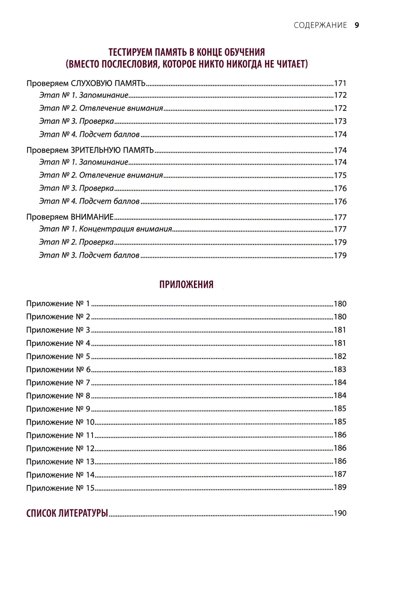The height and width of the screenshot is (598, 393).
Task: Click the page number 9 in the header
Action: pyautogui.click(x=357, y=25)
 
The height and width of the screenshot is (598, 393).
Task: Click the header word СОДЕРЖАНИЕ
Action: pyautogui.click(x=320, y=25)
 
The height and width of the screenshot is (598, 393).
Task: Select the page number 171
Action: pyautogui.click(x=340, y=83)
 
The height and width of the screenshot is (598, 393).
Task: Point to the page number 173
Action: pyautogui.click(x=340, y=121)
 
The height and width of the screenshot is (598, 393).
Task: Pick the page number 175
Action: pyautogui.click(x=340, y=175)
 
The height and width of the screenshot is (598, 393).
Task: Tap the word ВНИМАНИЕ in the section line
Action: pyautogui.click(x=92, y=217)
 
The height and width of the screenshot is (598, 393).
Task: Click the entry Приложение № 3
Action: pyautogui.click(x=58, y=330)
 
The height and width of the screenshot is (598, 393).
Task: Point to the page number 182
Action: pyautogui.click(x=340, y=356)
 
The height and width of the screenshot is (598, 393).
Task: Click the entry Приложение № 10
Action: pyautogui.click(x=60, y=422)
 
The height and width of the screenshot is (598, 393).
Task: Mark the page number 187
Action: pyautogui.click(x=340, y=474)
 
